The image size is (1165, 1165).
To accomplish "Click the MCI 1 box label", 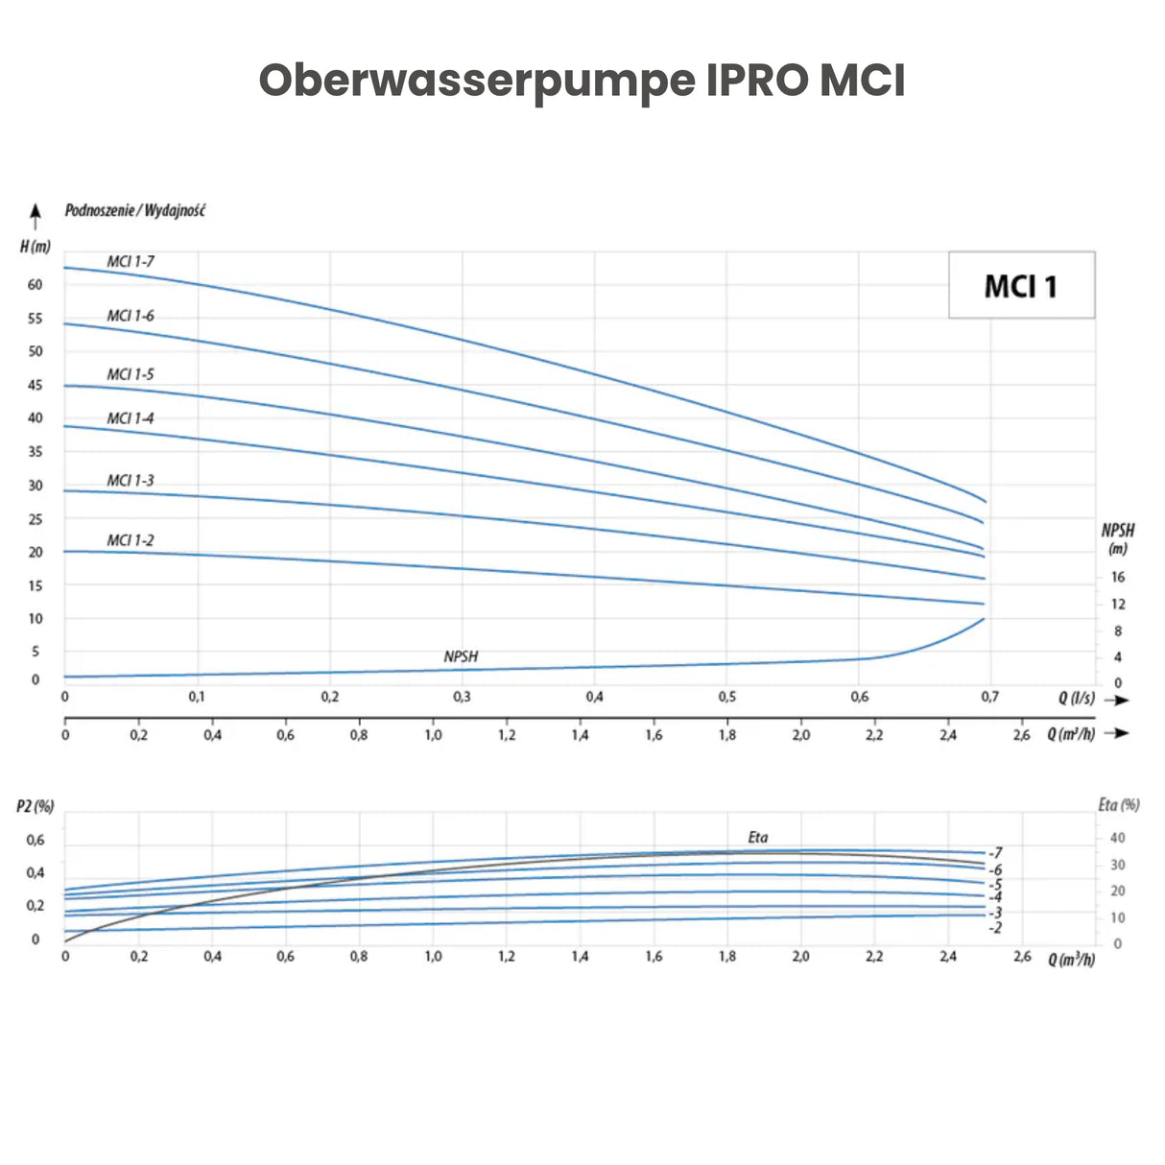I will (1020, 286).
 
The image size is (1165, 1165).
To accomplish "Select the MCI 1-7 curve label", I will (130, 261).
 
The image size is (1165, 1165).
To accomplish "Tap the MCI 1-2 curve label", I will (130, 540).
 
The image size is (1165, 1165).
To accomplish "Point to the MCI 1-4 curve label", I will (130, 418).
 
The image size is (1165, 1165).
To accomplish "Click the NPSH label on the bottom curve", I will (461, 656).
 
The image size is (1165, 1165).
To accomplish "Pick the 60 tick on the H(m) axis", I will (36, 284).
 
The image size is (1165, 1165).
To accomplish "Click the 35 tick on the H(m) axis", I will (36, 451).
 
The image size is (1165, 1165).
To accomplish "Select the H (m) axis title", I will (36, 247).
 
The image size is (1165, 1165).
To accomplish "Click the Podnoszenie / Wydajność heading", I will (134, 210).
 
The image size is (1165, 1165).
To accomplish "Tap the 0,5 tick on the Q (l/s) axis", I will (727, 697).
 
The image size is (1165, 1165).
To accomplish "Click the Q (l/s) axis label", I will (1077, 698).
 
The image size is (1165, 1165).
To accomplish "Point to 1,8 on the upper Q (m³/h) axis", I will (727, 735).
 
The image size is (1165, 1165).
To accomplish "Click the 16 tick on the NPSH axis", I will (1118, 577).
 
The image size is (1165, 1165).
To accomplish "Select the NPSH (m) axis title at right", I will (1118, 538).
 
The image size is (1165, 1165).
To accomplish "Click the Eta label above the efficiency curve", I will (758, 837).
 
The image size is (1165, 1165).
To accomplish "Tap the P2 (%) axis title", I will (36, 806).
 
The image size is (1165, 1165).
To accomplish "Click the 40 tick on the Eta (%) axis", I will (1118, 838).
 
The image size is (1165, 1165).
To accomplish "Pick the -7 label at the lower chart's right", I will (996, 852).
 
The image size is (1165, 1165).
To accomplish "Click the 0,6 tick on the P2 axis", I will (36, 840).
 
